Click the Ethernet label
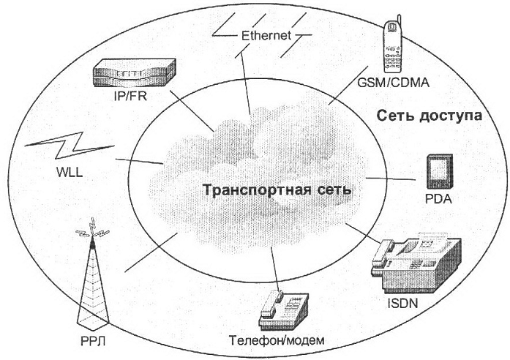[266, 35]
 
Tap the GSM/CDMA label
[393, 83]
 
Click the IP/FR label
[131, 97]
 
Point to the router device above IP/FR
[135, 73]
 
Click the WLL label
[70, 172]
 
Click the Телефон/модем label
[277, 340]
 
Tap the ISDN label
[402, 304]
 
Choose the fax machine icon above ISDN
[416, 263]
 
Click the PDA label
[439, 199]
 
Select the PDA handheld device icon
[440, 171]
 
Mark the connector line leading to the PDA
[391, 179]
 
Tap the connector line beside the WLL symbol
[139, 161]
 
